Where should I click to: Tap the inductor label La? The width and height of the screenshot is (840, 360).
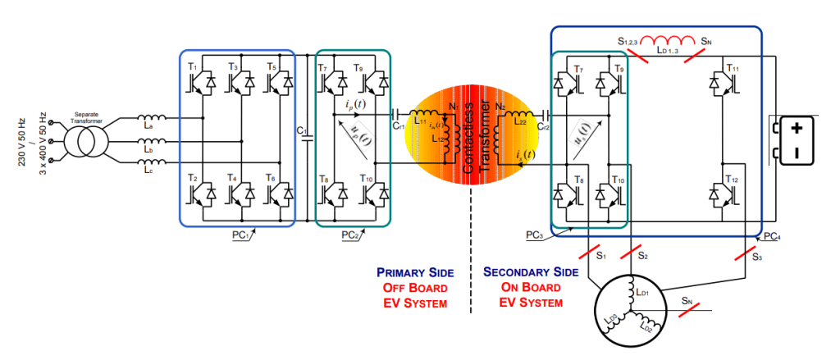click(x=147, y=126)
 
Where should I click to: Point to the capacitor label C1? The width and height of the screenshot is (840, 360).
click(x=301, y=132)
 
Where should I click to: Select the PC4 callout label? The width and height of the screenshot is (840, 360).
click(x=772, y=236)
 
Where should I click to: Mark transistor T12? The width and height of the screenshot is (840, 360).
click(x=724, y=194)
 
